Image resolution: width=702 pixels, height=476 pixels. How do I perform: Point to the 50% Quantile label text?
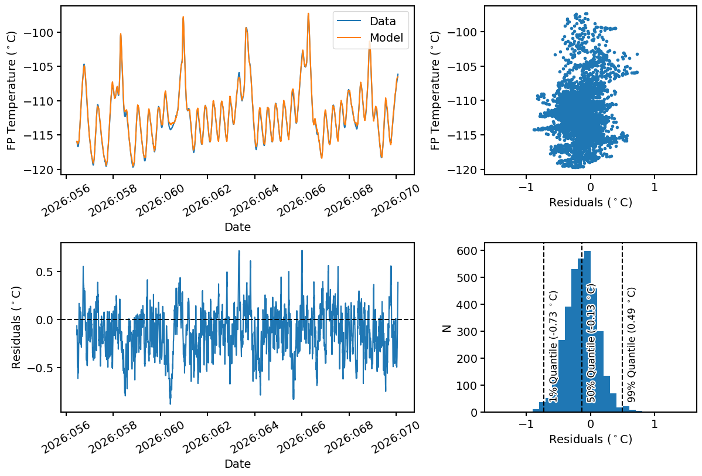(x=591, y=344)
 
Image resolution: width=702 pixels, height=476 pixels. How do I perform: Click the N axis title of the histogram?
(x=447, y=329)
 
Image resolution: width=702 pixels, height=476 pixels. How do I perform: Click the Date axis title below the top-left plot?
(x=237, y=227)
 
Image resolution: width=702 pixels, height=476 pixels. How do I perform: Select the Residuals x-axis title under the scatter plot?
(x=591, y=203)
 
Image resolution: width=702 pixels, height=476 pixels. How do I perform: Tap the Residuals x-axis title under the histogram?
(x=591, y=439)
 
